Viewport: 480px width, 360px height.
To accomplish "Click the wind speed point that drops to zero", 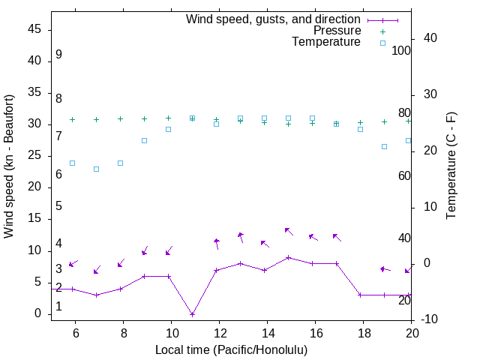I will tap(192, 314).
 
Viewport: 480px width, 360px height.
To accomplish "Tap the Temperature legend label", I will tap(325, 43).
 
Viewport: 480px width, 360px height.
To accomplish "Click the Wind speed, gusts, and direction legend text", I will tap(273, 19).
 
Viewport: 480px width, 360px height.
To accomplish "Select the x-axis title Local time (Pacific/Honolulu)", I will tap(231, 349).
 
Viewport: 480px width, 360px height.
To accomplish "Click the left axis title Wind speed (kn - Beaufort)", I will tap(9, 166).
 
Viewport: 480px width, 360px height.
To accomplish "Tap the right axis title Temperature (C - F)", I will tap(451, 166).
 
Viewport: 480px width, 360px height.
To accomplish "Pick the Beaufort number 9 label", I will tap(58, 55).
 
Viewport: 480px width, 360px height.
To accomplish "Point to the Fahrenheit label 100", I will tap(401, 51).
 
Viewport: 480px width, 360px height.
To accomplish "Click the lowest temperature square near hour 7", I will tap(96, 169).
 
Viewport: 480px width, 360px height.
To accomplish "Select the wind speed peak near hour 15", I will tap(288, 257).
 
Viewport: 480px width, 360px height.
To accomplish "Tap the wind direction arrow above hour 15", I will tap(289, 231).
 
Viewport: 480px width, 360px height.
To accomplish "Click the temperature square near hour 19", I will tap(384, 146).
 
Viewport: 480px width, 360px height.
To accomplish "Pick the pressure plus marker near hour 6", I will tap(72, 119).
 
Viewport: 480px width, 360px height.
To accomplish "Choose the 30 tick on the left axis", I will tap(35, 124).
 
